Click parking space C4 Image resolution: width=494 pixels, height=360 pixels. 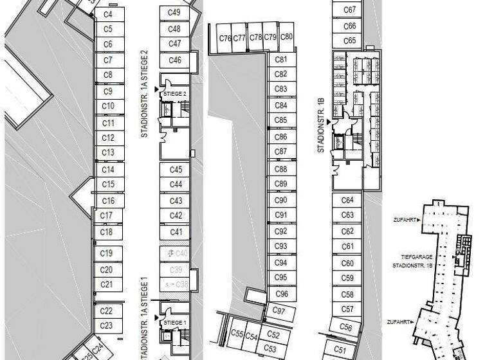108,14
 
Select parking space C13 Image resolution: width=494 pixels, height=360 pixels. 108,152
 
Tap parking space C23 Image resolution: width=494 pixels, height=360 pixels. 107,325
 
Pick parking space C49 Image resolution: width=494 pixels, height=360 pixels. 174,13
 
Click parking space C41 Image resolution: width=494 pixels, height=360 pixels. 176,232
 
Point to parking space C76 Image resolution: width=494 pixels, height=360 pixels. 224,38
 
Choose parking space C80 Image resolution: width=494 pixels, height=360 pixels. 287,37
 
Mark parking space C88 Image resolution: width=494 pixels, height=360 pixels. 280,169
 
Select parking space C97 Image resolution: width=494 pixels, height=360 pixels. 279,310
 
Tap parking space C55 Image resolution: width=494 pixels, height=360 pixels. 237,334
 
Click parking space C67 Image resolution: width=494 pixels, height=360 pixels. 350,10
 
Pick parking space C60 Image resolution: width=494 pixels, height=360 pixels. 347,263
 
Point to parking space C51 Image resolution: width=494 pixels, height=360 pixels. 340,349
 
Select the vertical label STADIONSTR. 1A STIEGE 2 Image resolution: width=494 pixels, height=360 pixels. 145,93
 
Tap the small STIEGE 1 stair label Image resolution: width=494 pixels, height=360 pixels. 174,323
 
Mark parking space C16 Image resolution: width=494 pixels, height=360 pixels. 108,201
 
